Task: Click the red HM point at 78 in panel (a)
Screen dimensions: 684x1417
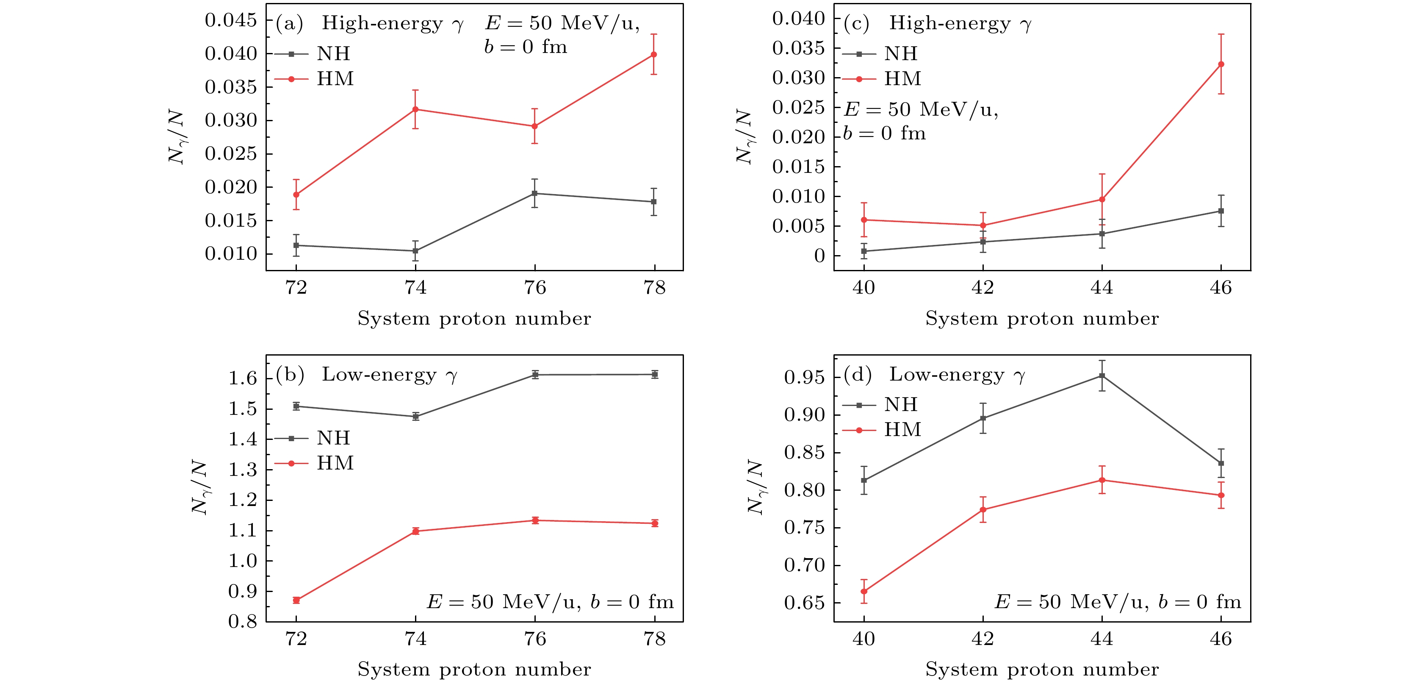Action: pos(653,55)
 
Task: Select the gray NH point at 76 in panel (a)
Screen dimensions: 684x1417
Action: pos(535,194)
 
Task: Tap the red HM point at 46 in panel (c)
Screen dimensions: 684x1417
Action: pos(1221,64)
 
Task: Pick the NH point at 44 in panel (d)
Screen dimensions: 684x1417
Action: pos(1102,376)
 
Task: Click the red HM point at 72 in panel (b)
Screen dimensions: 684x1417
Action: pos(296,601)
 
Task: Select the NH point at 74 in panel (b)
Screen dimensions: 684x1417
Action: pos(416,417)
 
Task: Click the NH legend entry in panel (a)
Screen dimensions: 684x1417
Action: pos(333,54)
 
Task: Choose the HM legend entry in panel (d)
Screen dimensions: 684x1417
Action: pos(902,430)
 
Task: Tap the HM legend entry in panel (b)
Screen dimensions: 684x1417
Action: pos(335,463)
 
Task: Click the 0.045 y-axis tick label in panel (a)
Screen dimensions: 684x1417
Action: pos(231,20)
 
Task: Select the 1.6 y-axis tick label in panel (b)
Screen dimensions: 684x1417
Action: pos(243,378)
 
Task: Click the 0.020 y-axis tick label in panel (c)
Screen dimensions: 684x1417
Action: pos(798,137)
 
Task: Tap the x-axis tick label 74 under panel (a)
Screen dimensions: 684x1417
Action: pos(416,288)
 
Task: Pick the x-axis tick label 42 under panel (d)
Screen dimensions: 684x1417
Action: pos(983,639)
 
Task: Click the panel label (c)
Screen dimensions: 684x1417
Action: pos(856,23)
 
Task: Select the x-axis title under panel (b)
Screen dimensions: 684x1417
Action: pos(474,669)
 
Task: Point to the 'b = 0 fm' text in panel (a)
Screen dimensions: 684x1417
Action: pos(525,47)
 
